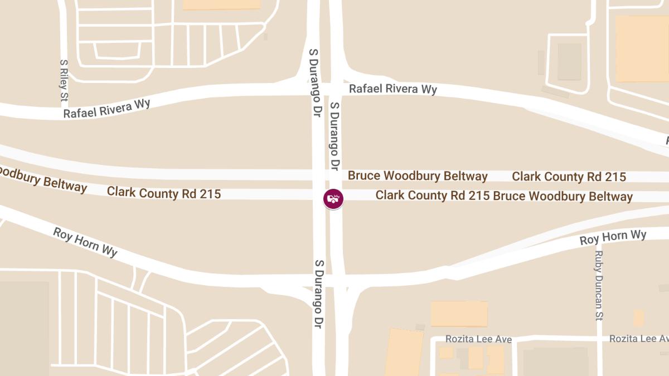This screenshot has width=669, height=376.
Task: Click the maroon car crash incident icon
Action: pyautogui.click(x=333, y=198)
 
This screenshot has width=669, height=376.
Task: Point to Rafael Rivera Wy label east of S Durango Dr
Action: pyautogui.click(x=392, y=89)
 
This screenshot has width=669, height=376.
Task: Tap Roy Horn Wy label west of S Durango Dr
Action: pyautogui.click(x=85, y=242)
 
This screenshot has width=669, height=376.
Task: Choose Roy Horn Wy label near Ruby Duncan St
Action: pyautogui.click(x=613, y=237)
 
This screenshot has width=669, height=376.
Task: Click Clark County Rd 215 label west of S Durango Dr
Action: pyautogui.click(x=164, y=193)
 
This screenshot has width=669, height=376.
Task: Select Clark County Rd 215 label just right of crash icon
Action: pyautogui.click(x=433, y=196)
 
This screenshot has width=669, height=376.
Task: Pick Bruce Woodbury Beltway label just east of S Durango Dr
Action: pyautogui.click(x=418, y=176)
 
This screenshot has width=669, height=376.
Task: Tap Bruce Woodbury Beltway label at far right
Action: pyautogui.click(x=563, y=197)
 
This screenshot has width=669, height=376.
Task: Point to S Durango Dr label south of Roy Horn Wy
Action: pyautogui.click(x=319, y=294)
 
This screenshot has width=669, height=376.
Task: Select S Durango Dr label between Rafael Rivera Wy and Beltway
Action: pyautogui.click(x=334, y=136)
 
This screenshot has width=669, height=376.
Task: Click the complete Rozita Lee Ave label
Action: pyautogui.click(x=478, y=339)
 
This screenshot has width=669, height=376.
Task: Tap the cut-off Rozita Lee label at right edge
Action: pyautogui.click(x=638, y=339)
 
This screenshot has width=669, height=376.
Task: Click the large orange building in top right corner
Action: pyautogui.click(x=641, y=48)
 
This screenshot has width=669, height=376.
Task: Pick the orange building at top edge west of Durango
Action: pyautogui.click(x=222, y=4)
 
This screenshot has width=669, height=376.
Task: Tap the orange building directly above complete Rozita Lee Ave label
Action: pyautogui.click(x=459, y=314)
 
